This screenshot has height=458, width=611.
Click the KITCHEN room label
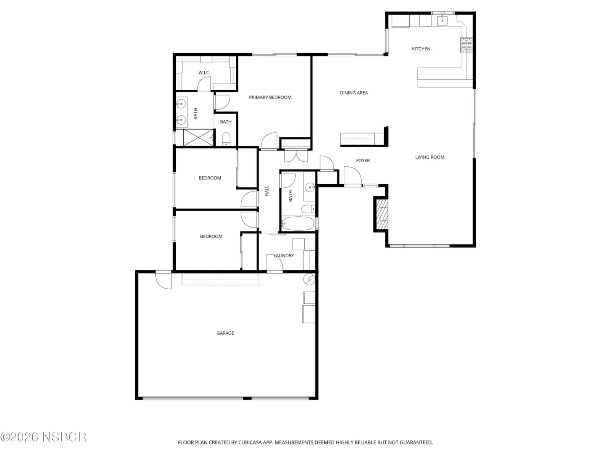click(x=421, y=49)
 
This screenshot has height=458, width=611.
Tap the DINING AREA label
click(x=354, y=93)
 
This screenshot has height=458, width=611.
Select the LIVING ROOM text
click(x=430, y=157)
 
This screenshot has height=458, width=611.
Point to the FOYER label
click(x=363, y=160)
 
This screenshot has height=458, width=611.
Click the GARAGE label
click(x=225, y=333)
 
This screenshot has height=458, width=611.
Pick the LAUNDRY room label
click(x=284, y=256)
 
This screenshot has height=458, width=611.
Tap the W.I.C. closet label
click(x=204, y=73)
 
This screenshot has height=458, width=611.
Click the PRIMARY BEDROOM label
click(x=270, y=97)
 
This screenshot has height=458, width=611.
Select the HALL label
click(x=267, y=191)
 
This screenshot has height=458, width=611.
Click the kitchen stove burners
click(x=466, y=45)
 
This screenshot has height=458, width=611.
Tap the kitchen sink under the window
click(x=442, y=20)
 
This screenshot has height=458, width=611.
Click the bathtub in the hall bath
click(x=298, y=224)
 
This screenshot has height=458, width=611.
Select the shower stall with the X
click(x=199, y=137)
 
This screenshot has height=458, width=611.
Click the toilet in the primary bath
click(x=226, y=139)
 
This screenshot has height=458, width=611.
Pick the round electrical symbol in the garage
click(x=309, y=279)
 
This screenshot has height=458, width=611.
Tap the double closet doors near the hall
click(x=296, y=156)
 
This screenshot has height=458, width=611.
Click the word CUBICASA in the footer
click(x=249, y=442)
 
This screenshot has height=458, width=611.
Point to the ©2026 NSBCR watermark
click(x=43, y=437)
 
